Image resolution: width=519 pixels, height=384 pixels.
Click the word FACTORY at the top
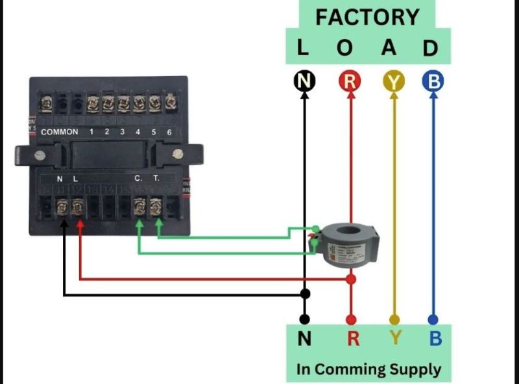click(367, 16)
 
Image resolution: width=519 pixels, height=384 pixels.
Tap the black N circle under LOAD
click(304, 81)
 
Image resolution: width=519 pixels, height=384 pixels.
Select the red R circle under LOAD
click(350, 81)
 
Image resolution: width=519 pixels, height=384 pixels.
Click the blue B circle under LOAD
click(433, 81)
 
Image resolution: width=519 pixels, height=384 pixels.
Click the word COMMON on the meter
click(60, 132)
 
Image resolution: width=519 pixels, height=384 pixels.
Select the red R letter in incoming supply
click(353, 339)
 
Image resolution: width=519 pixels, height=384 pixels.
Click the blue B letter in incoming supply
click(435, 339)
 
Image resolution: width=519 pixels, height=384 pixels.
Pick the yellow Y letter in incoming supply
click(394, 339)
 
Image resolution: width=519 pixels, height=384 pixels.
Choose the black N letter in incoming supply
click(305, 339)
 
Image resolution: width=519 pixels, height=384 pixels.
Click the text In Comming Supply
click(368, 369)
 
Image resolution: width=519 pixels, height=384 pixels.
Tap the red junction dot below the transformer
click(351, 279)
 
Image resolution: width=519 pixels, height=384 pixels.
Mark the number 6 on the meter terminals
click(169, 132)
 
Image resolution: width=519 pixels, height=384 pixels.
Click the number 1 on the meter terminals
click(91, 132)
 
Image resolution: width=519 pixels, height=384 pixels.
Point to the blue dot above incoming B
click(433, 320)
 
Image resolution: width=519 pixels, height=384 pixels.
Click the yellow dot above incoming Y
click(394, 320)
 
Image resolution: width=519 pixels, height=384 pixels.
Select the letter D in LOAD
click(430, 48)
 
